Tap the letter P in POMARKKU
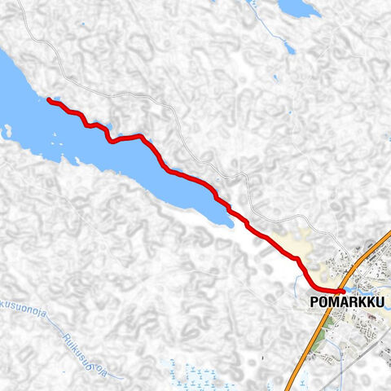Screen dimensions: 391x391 [314, 302]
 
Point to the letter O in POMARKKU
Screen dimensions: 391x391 [324, 302]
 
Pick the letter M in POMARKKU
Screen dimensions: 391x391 [335, 302]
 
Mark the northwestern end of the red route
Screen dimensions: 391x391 [50, 100]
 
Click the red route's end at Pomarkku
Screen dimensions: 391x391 [343, 291]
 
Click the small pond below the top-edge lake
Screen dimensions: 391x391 [289, 47]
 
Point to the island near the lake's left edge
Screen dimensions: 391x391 [7, 130]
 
